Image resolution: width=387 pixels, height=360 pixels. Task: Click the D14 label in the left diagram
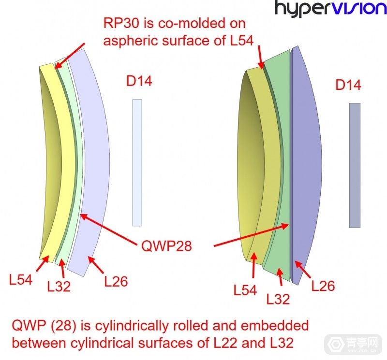[x=139, y=81]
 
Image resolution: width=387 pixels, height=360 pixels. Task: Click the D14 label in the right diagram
[x=348, y=86]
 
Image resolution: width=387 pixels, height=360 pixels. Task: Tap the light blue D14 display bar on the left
[x=137, y=162]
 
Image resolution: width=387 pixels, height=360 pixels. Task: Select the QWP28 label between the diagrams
[x=167, y=246]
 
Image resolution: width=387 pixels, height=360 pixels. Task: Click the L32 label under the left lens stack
[x=59, y=286]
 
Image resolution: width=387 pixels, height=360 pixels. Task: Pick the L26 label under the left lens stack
[x=116, y=281]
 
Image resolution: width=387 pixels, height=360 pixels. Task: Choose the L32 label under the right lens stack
[x=278, y=299]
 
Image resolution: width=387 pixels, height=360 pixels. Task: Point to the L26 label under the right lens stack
[x=323, y=286]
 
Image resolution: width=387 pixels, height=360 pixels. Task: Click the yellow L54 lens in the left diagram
[x=62, y=159]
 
